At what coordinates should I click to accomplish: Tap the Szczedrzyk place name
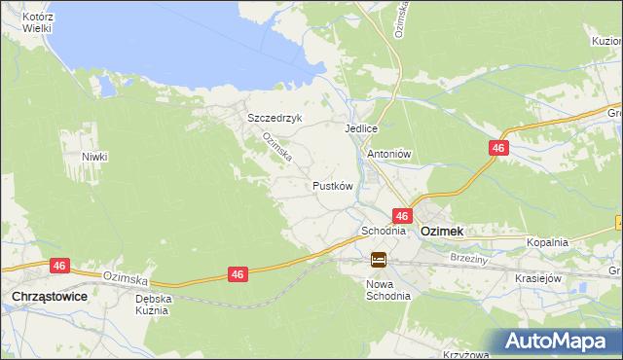[275, 118]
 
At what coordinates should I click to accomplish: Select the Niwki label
[94, 157]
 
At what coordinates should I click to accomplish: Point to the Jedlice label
[360, 128]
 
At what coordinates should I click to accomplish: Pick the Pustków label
[331, 185]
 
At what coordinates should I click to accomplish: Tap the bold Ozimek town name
[441, 232]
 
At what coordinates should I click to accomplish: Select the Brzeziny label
[468, 258]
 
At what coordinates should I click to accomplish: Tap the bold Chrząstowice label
[47, 296]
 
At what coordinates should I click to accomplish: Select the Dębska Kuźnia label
[153, 305]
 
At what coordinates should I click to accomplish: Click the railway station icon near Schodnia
[379, 260]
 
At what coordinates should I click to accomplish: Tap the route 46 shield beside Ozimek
[401, 215]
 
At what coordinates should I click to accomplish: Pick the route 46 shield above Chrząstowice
[60, 265]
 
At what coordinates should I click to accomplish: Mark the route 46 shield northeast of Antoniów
[497, 148]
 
